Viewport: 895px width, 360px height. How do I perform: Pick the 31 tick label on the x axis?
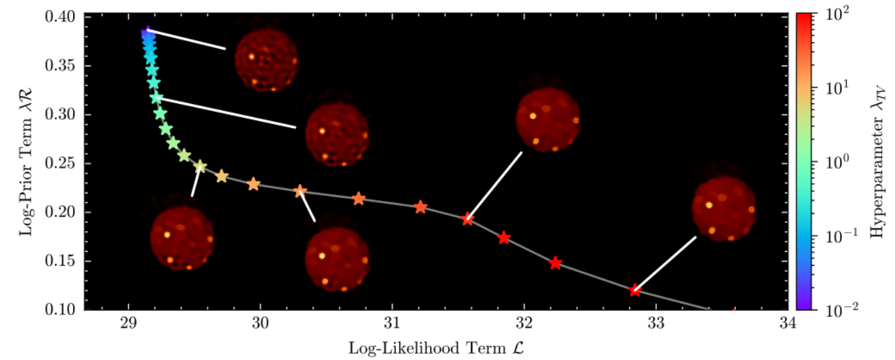[x=392, y=324]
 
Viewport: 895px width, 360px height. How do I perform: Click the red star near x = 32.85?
[x=635, y=290]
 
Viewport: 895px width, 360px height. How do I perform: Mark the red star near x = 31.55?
[x=468, y=219]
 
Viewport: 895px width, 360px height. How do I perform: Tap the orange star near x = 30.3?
[x=300, y=191]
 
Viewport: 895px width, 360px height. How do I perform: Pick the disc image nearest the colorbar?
[x=724, y=209]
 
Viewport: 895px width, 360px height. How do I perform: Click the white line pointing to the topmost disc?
[x=186, y=39]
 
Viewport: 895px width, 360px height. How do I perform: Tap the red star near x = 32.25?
[x=556, y=263]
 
